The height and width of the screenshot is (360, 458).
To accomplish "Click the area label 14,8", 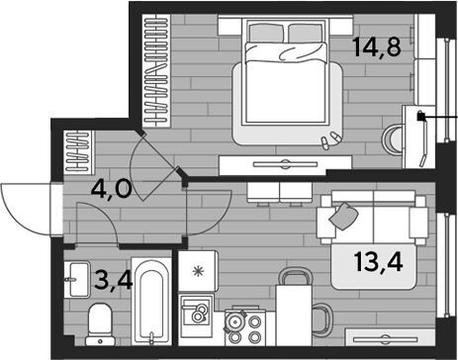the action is [376, 47].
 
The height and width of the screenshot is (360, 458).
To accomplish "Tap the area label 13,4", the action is [378, 262].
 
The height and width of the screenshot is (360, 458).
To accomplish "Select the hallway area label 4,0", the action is [111, 190].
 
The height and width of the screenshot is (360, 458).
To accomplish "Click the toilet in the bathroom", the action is [100, 324].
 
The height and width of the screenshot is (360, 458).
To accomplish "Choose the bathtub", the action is [151, 301].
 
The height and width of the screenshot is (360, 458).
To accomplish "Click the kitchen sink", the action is [195, 315].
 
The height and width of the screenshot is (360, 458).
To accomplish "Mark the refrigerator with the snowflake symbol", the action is [198, 271].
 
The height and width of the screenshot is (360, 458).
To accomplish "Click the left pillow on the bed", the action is [266, 33].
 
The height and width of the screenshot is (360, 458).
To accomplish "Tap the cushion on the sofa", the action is [343, 216].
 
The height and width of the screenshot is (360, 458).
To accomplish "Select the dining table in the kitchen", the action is [294, 315].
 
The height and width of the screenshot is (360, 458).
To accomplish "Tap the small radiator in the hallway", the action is [79, 151].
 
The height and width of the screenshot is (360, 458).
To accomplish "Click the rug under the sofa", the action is [373, 267].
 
